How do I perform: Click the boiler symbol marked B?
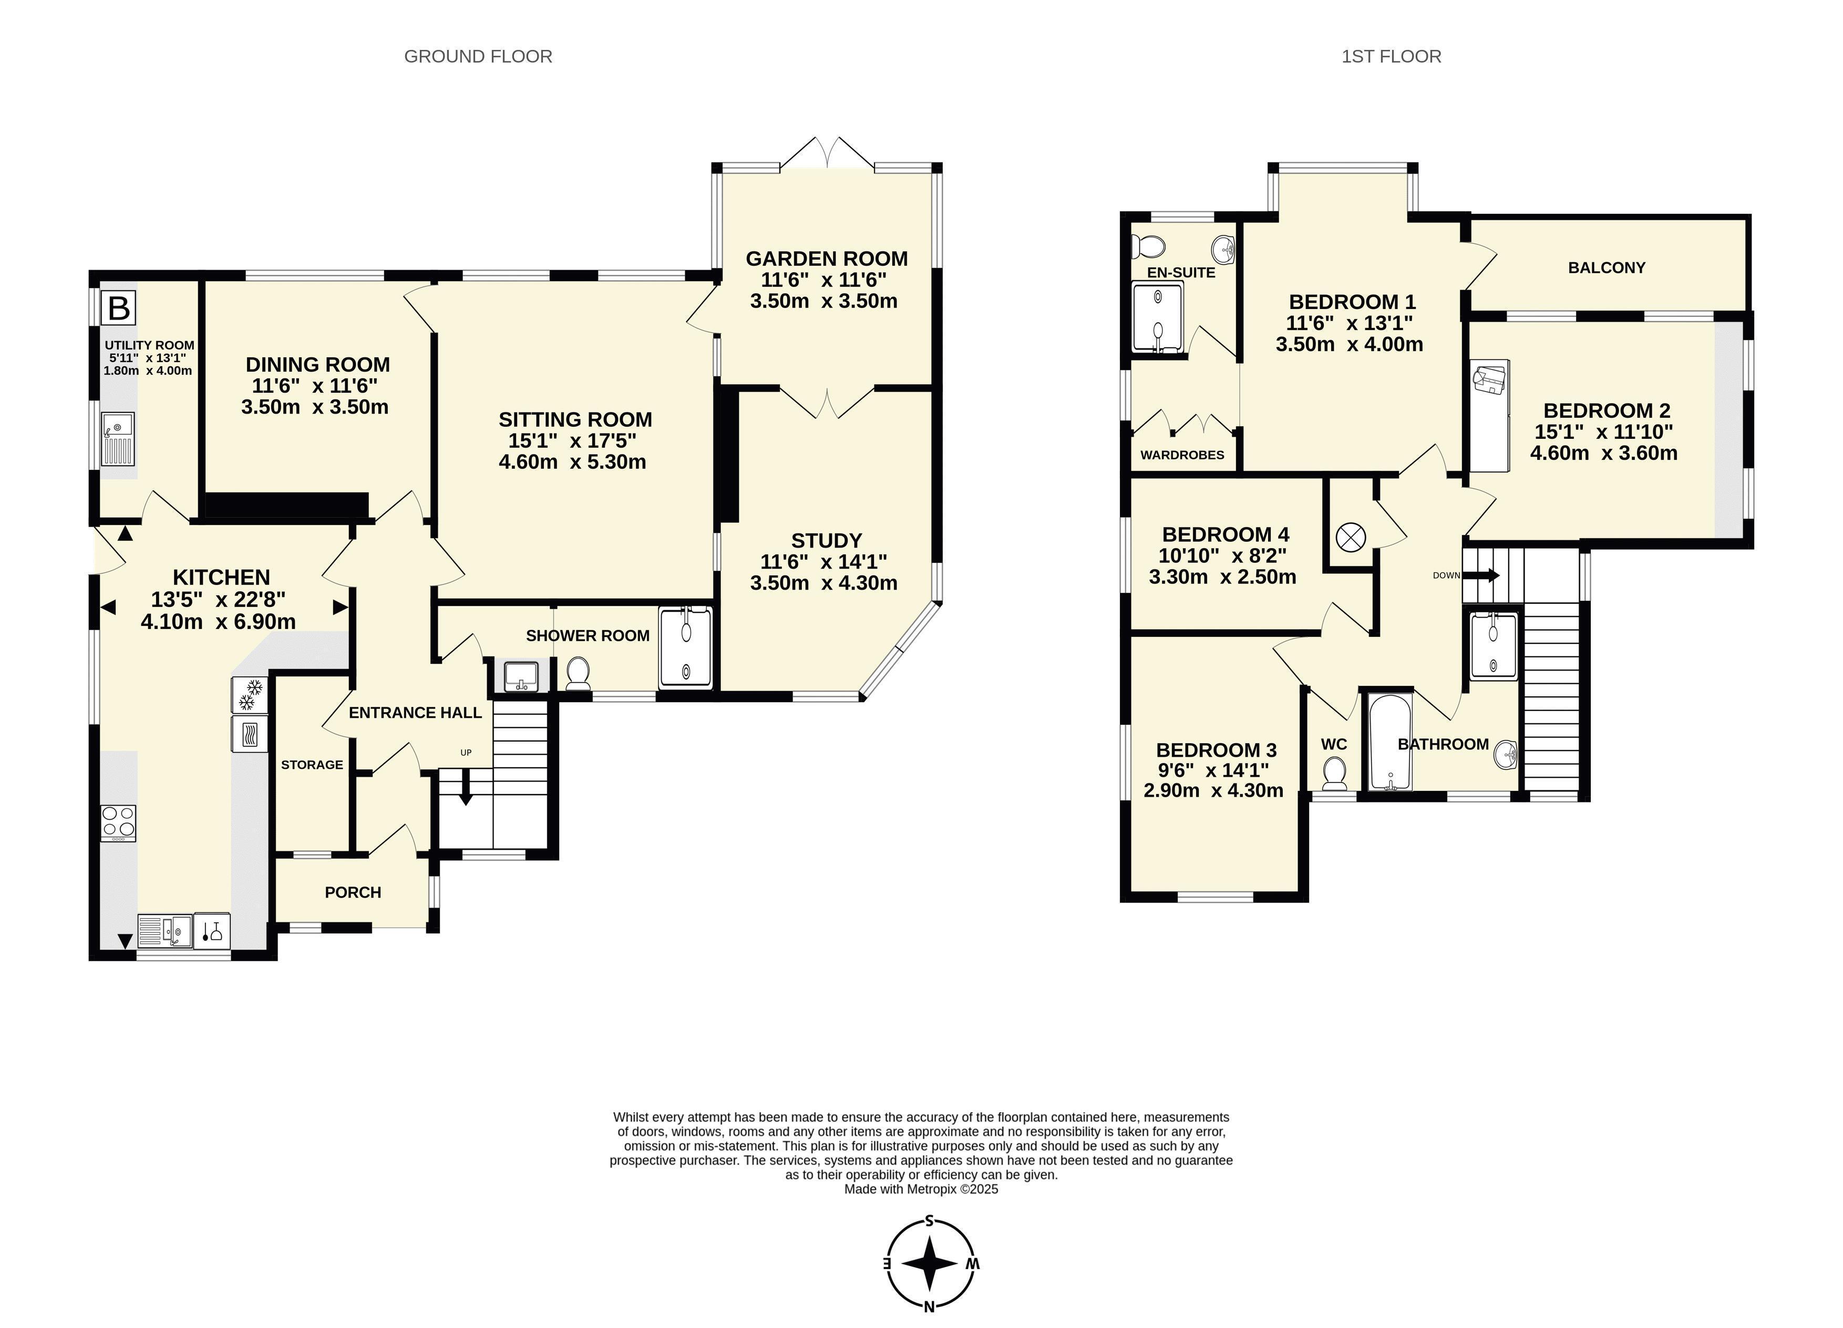119,308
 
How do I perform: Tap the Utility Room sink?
118,439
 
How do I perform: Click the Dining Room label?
318,364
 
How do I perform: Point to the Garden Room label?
827,259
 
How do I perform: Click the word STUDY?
827,540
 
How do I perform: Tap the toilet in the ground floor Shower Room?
578,674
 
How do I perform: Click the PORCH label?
353,892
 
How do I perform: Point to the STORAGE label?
312,765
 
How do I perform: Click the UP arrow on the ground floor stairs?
466,787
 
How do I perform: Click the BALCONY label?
1607,267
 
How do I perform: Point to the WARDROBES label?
1182,455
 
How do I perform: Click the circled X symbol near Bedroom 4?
1351,537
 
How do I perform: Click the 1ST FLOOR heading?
1391,56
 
